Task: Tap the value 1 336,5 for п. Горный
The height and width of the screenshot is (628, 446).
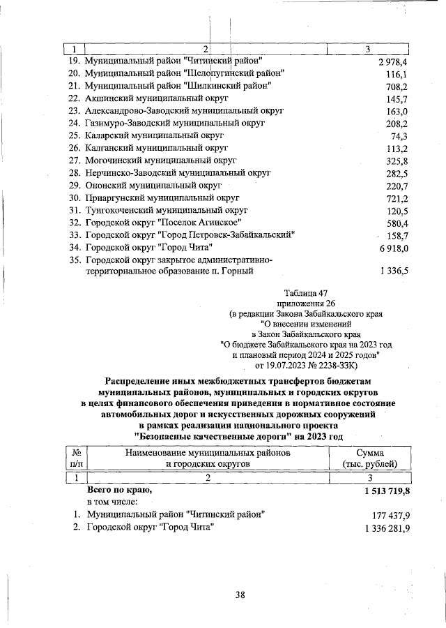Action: pos(392,271)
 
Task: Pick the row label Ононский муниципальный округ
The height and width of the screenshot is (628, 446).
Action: pos(153,186)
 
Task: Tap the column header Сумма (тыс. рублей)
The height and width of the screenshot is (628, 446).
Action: pos(369,458)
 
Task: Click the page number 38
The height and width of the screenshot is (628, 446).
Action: pos(240,595)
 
